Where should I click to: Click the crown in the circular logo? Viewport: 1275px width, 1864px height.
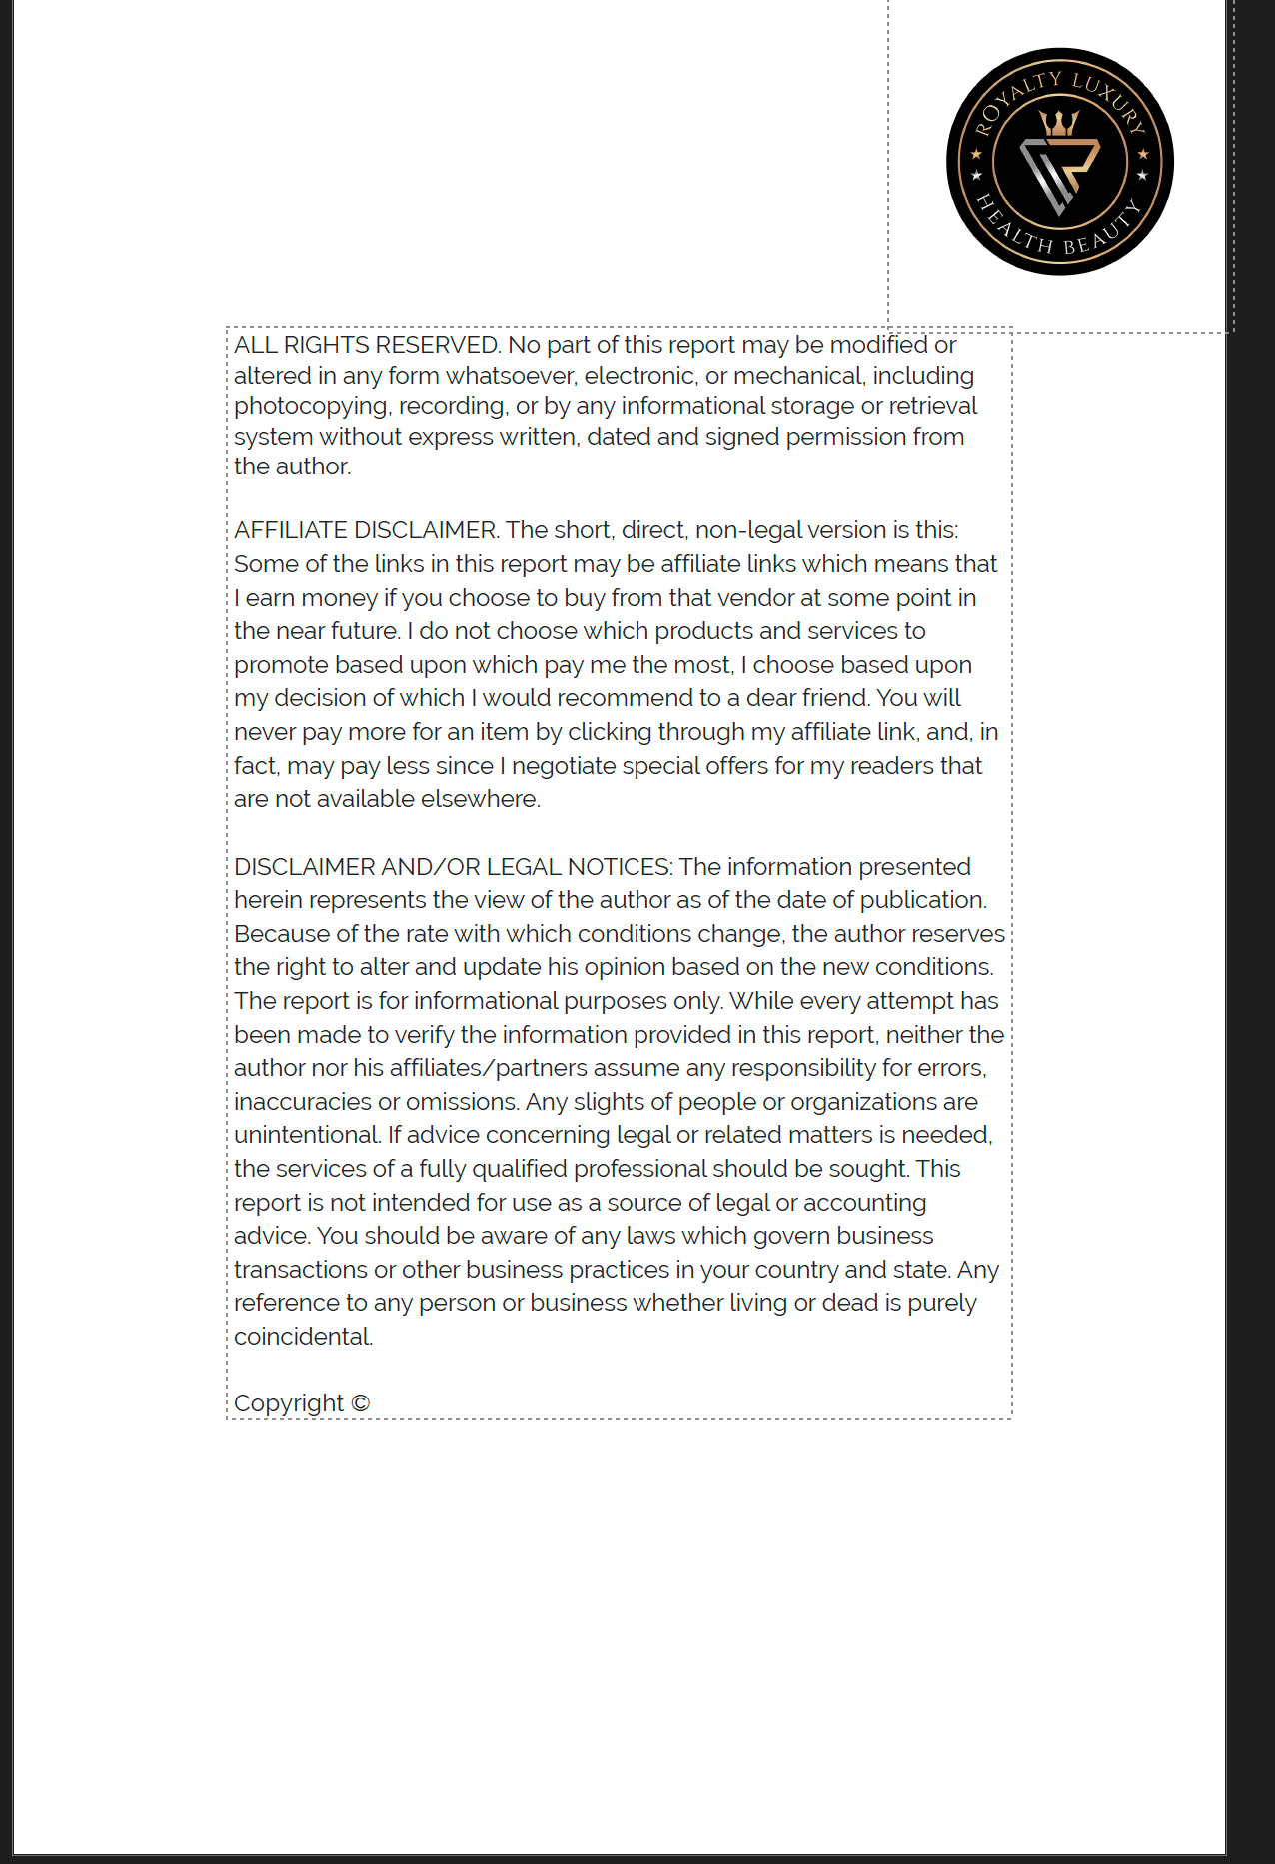coord(1059,123)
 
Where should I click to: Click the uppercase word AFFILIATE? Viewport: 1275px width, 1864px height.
coord(291,530)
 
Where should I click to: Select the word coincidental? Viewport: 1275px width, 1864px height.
coord(303,1337)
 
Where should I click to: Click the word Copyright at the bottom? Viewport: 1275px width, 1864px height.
coord(289,1403)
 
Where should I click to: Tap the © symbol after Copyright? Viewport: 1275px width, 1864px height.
coord(361,1403)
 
